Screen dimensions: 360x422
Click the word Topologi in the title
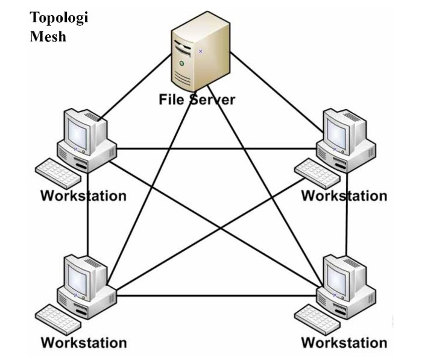[59, 17]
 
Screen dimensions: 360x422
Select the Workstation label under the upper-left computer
[83, 196]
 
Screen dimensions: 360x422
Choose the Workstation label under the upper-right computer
[344, 196]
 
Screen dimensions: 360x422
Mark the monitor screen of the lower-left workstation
[78, 276]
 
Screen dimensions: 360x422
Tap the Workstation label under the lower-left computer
[83, 343]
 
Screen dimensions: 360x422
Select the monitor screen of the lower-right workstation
[337, 276]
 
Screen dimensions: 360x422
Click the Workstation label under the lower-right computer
[344, 343]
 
